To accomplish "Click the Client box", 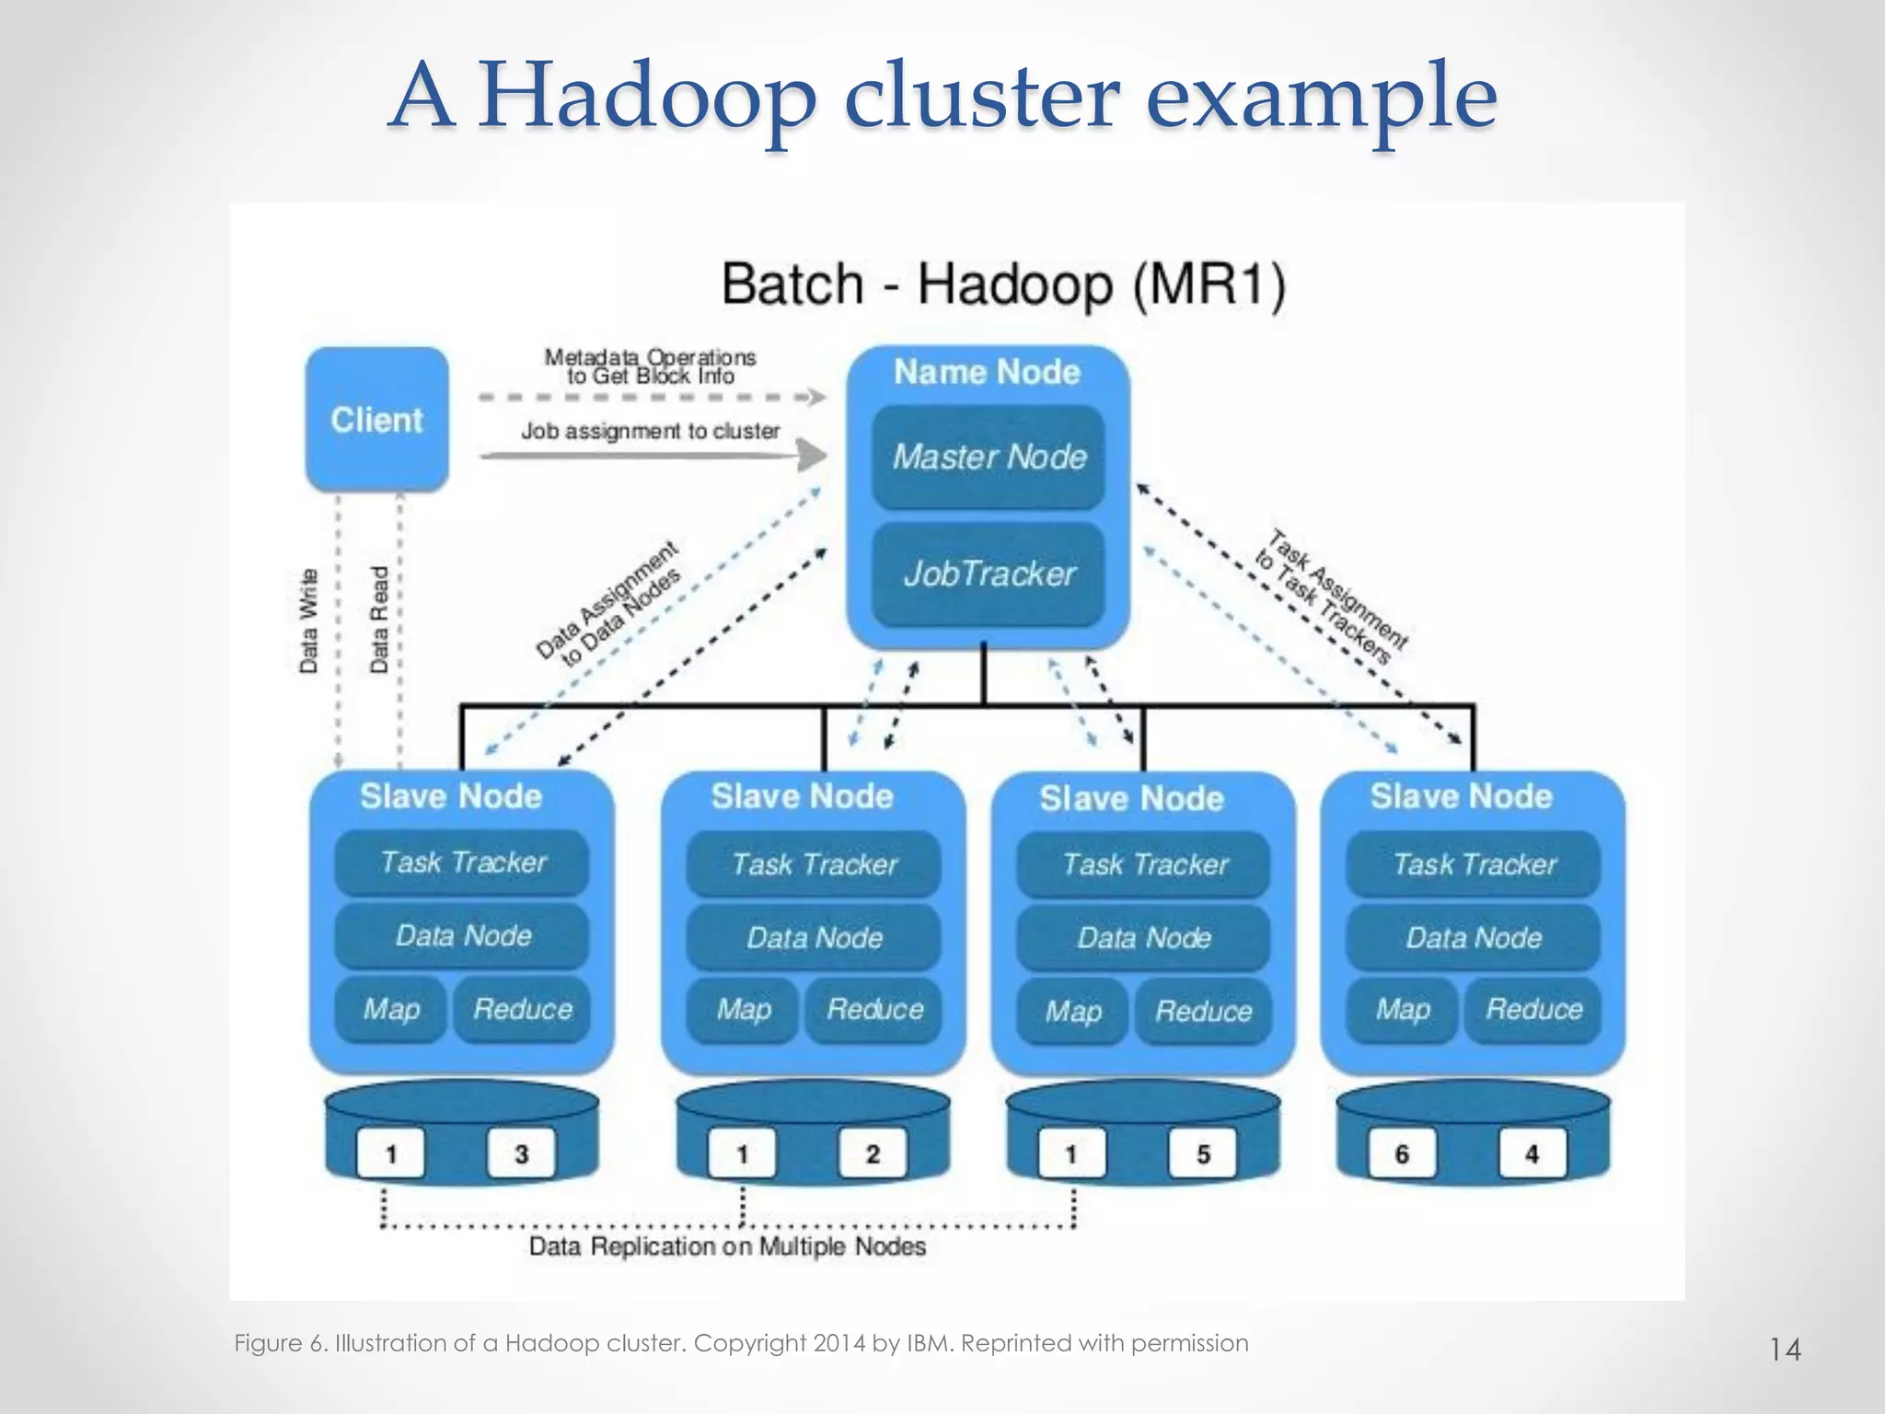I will tap(376, 420).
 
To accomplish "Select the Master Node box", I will tap(989, 457).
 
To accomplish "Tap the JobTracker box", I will tap(989, 574).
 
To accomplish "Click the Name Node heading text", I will tap(987, 372).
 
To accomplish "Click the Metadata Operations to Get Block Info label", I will tap(650, 366).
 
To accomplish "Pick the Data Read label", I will tap(379, 620).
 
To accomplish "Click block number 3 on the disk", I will tap(521, 1153).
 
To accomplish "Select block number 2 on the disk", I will tap(873, 1153).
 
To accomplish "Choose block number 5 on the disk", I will tap(1202, 1153).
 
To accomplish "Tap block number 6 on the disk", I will tap(1402, 1153).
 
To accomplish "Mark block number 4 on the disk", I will tap(1532, 1153).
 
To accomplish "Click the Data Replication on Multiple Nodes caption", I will tap(727, 1246).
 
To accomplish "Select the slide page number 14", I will tap(1785, 1350).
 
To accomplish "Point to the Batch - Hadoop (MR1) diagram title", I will tap(1003, 284).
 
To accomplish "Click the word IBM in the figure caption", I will tap(931, 1343).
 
